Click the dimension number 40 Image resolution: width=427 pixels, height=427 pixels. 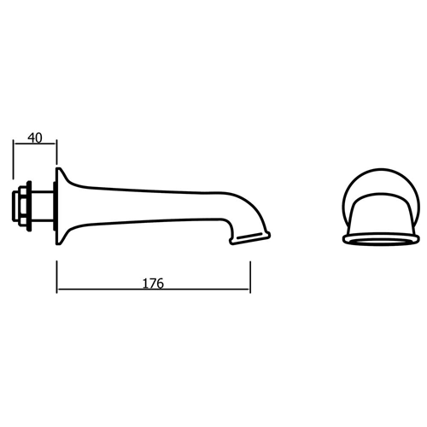(35, 137)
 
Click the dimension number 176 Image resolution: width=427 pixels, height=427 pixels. (154, 281)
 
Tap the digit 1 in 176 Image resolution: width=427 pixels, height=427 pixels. (145, 281)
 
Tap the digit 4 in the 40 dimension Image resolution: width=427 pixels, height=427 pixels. (31, 137)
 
